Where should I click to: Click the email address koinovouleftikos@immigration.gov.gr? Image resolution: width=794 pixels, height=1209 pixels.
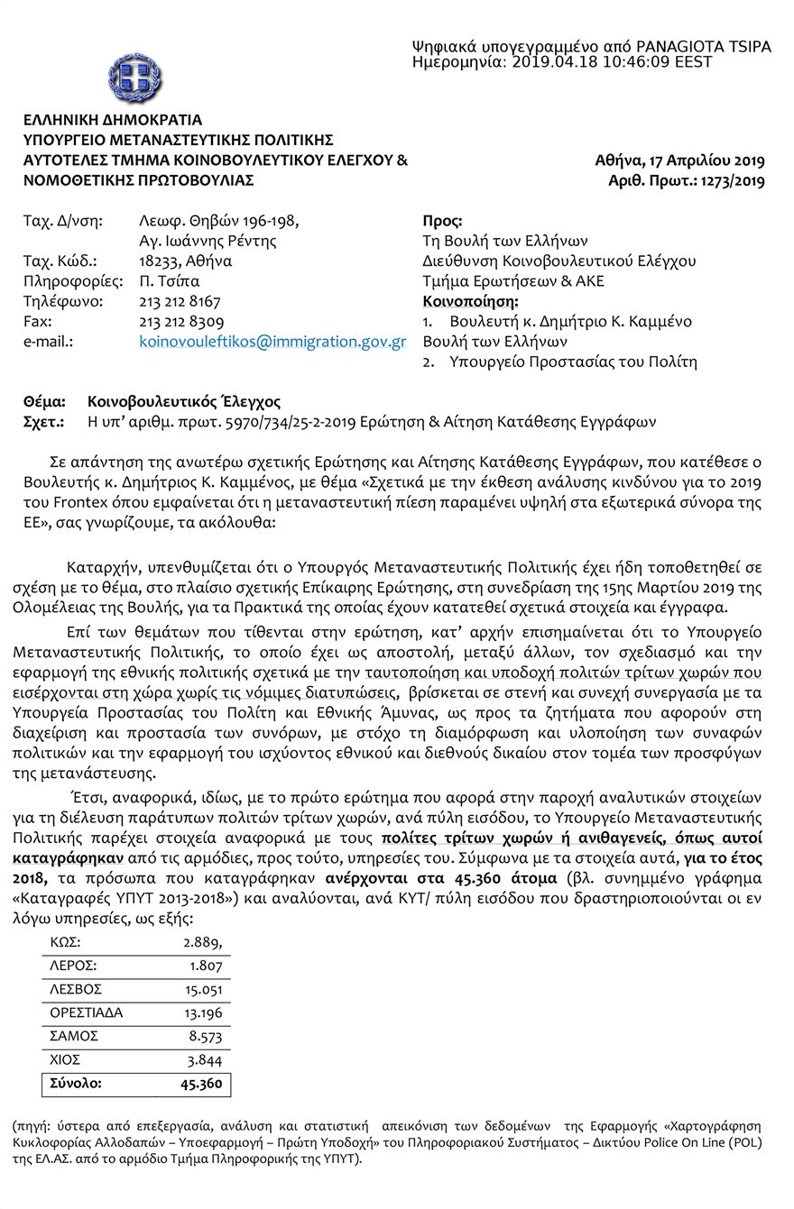click(x=272, y=343)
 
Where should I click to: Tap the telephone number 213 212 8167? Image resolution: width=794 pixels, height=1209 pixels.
click(x=180, y=301)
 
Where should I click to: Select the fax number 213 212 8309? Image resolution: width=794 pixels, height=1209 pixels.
click(x=180, y=322)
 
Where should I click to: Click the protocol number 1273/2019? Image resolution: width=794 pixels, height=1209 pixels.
click(x=728, y=181)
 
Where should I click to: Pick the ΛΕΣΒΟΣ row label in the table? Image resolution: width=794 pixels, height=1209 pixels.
click(x=74, y=989)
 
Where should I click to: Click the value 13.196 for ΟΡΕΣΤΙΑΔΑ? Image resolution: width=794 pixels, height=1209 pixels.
click(x=202, y=1012)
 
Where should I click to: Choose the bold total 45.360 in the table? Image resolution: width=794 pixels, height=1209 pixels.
click(x=201, y=1084)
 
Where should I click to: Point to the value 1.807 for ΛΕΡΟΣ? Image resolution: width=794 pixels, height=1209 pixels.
click(x=204, y=966)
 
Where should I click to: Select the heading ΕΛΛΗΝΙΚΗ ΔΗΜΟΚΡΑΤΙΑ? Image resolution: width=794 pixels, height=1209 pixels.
click(x=113, y=120)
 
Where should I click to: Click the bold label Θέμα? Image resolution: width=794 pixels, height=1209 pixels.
click(x=45, y=402)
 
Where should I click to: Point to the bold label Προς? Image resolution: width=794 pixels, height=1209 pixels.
click(x=442, y=220)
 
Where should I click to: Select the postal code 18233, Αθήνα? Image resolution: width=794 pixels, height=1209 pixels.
click(x=185, y=261)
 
